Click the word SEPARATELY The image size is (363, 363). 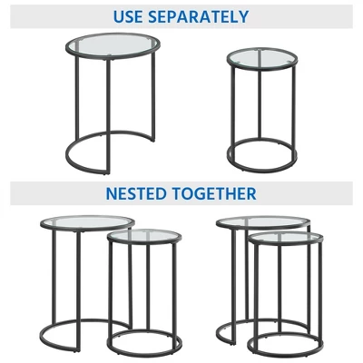click(199, 16)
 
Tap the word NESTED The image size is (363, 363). click(137, 193)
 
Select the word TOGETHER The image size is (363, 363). click(214, 193)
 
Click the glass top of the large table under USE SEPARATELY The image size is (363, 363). click(113, 45)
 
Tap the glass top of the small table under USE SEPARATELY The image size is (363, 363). click(262, 59)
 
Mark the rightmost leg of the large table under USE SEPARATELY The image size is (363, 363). click(153, 97)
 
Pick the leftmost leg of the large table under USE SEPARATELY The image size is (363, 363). click(77, 98)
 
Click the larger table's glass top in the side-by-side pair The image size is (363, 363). click(87, 223)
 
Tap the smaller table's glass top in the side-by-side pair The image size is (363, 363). click(144, 236)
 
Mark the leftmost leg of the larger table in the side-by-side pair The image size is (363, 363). click(54, 276)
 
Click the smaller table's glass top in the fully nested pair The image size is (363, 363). click(285, 239)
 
